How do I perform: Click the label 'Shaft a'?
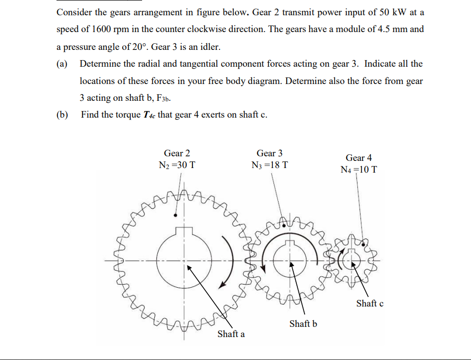pos(231,334)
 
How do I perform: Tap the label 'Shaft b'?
pos(303,323)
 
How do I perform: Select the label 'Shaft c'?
pos(370,303)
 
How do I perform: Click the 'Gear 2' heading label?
pos(177,153)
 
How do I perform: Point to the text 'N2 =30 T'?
pos(177,165)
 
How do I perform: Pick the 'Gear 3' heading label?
pos(269,153)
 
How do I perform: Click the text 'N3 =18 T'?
pos(269,165)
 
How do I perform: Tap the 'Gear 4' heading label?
pos(358,158)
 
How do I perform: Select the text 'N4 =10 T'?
pos(358,170)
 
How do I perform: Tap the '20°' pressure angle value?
pos(137,47)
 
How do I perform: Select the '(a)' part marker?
pos(62,64)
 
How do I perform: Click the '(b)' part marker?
pos(62,115)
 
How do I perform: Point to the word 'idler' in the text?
pos(210,47)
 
